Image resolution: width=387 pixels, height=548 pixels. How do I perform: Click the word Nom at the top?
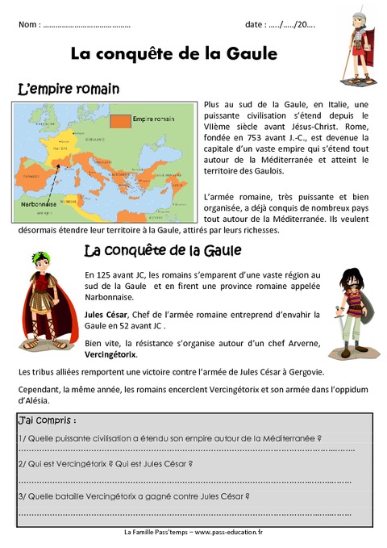point(28,26)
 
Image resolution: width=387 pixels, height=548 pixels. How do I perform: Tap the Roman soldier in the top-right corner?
point(356,49)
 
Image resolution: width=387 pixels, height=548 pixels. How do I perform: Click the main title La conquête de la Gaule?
point(174,54)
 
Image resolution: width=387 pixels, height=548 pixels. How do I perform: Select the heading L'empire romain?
point(69,88)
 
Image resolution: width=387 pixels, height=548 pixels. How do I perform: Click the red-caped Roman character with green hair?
point(41,299)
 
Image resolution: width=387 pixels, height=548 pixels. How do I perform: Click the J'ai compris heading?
point(48,420)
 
